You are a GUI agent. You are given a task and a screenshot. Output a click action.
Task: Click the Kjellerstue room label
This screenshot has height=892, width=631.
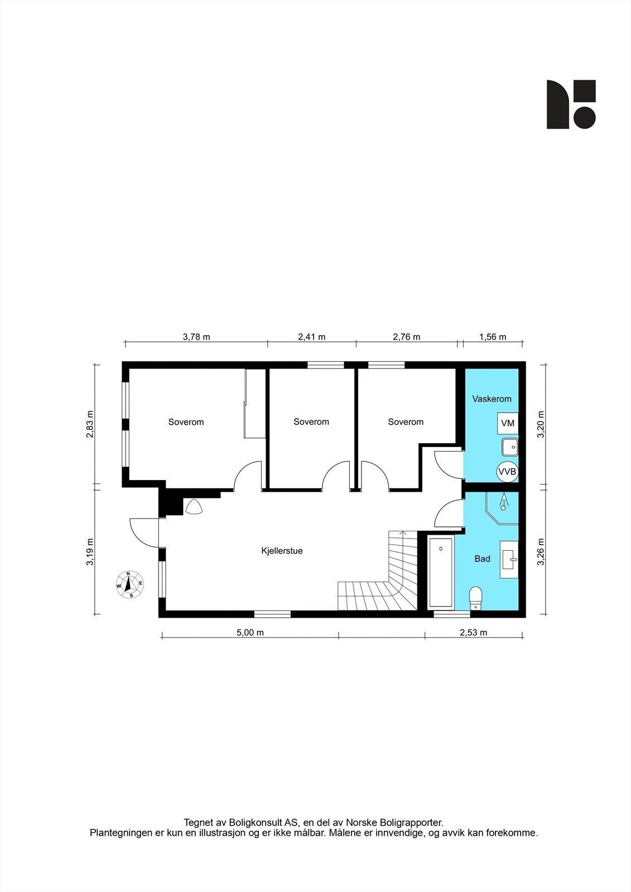coord(282,551)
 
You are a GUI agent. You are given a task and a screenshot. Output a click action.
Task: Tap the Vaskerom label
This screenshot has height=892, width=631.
coord(492,399)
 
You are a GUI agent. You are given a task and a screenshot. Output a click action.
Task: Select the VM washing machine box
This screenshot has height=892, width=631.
coord(508,423)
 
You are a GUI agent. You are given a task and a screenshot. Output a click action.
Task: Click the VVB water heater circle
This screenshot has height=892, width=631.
coord(507,472)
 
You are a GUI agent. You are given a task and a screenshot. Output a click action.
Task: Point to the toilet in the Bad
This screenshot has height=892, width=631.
coord(475,598)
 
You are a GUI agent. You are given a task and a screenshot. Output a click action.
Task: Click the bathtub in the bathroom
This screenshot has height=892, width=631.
coord(441,573)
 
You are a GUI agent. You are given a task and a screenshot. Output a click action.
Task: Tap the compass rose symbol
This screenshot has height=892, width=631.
coord(129,585)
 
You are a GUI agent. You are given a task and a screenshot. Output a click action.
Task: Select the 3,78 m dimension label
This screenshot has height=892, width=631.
coord(196,337)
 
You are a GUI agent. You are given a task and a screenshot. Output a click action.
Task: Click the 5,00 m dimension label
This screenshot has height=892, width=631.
coord(250,632)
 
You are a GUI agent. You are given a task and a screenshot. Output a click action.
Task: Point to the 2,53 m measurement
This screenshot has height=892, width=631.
coord(473,632)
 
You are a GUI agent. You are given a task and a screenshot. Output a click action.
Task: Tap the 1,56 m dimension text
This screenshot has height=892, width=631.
coord(493,337)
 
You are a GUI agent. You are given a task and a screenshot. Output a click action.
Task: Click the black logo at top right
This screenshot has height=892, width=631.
coord(571,104)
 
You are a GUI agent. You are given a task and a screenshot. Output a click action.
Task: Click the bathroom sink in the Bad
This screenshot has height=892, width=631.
coord(509,559)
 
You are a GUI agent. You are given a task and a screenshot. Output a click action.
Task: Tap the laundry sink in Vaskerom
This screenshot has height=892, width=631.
coord(509,447)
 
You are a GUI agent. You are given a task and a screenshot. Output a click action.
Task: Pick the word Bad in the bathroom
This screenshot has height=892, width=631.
coord(482,559)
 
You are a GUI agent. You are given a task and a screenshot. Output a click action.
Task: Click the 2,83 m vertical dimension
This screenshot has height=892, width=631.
coord(90,424)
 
